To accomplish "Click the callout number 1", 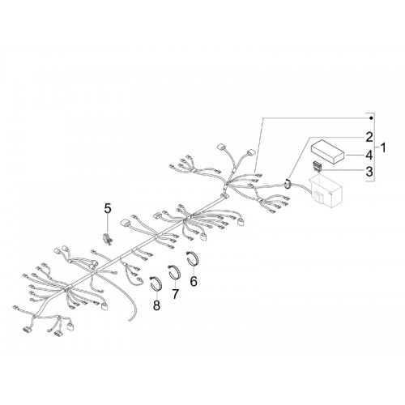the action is click(x=383, y=148).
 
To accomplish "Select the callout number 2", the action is click(x=369, y=138).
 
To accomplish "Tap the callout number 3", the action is click(x=369, y=172).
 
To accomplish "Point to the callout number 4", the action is click(x=369, y=156).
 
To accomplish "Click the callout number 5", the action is click(x=108, y=209).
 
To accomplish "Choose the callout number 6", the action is click(x=194, y=282).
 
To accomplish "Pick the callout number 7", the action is click(x=176, y=294).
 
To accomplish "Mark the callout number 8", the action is click(x=156, y=305).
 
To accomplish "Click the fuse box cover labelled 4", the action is click(x=328, y=152).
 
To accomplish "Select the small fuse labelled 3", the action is click(x=318, y=166).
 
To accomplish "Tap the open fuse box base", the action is click(x=326, y=191).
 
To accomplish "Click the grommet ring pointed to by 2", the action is click(x=288, y=184).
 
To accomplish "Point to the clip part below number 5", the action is click(x=108, y=239).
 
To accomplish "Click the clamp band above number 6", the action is click(x=194, y=258).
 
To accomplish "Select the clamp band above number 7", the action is click(x=175, y=272).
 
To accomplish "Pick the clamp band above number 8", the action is click(x=156, y=283).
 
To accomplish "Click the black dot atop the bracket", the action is click(x=371, y=118).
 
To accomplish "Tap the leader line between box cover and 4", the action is click(x=355, y=156).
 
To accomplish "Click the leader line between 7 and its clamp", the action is click(x=176, y=283).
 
